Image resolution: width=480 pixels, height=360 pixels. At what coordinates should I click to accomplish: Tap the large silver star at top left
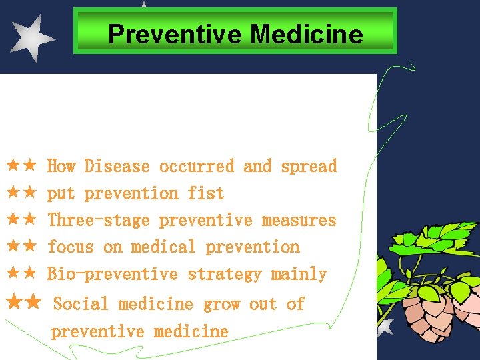(31, 38)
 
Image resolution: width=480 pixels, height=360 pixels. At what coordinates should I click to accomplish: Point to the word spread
(309, 166)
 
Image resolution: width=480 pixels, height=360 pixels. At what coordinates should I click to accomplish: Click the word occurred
(197, 166)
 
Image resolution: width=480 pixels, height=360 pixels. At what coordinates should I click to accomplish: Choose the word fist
(206, 193)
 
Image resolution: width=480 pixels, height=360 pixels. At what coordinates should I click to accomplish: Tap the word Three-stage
(99, 220)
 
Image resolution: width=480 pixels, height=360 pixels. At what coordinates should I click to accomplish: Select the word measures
(299, 220)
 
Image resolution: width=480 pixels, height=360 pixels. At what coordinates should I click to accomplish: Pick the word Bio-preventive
(113, 274)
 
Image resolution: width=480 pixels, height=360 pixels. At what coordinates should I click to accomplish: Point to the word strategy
(225, 274)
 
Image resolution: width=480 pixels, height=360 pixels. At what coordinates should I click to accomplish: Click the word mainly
(299, 274)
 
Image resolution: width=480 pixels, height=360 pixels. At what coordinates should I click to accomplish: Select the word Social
(81, 304)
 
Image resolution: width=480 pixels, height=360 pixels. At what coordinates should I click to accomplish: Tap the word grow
(221, 304)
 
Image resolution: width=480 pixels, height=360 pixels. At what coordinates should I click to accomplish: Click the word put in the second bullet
(61, 194)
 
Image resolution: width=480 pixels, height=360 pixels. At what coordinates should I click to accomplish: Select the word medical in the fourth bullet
(164, 247)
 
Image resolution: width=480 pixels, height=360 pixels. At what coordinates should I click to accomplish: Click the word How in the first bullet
(61, 166)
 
